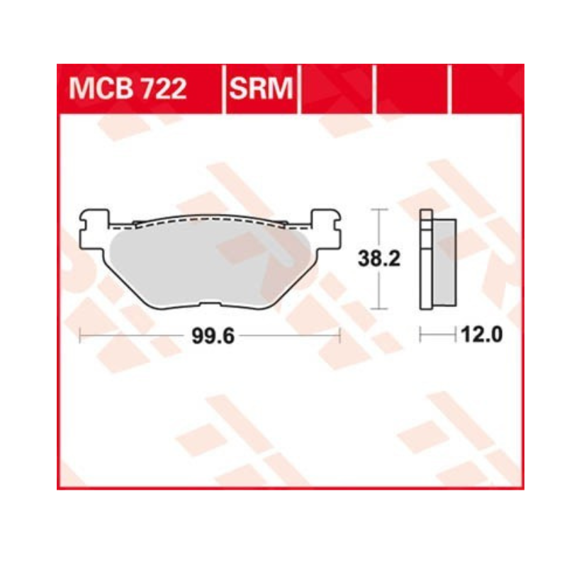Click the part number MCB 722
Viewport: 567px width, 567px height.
[x=128, y=88]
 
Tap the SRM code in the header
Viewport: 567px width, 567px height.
[x=261, y=88]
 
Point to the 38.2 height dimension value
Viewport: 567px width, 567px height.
[x=379, y=259]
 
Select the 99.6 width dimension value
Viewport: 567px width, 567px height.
[x=213, y=336]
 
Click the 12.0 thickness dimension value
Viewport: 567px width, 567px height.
[x=482, y=335]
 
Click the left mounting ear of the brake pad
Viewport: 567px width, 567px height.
[x=94, y=230]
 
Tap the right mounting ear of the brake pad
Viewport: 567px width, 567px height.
[x=326, y=229]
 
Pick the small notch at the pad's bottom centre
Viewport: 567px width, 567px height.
[x=210, y=305]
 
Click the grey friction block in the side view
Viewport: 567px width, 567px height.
[x=444, y=262]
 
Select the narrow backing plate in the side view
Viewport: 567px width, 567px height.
[x=426, y=259]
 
